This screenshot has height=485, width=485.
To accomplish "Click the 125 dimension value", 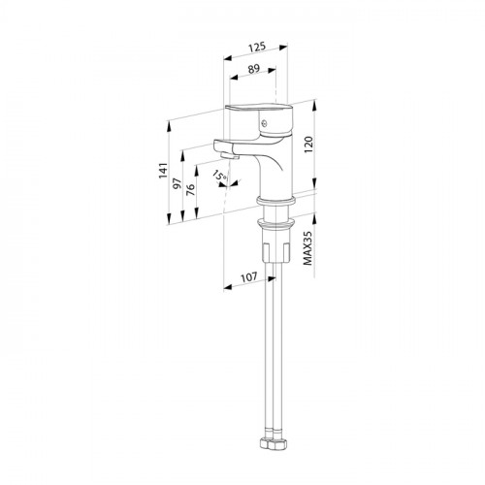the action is pos(257,48).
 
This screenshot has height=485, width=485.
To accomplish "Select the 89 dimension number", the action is pos(254,69).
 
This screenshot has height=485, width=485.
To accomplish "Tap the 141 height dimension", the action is pos(163,171).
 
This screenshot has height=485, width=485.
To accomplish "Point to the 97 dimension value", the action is pos(177,183).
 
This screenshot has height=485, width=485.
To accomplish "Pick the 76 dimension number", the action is pos(191,189).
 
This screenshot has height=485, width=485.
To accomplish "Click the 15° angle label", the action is pos(219,177).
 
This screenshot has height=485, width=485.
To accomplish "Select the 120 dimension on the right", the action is pos(308,145).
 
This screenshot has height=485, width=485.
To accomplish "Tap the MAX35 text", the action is pos(308,248).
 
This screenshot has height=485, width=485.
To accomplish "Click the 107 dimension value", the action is pos(249,277).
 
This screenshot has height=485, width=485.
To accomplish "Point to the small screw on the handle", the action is pos(265,123).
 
